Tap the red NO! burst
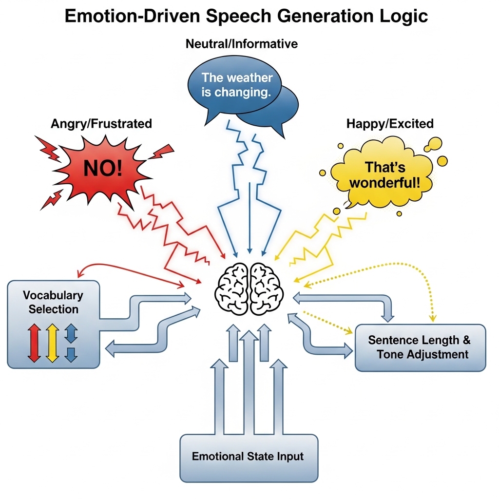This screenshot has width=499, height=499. tap(103, 168)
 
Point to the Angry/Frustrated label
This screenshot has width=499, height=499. tap(101, 124)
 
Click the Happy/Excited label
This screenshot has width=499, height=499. tap(390, 124)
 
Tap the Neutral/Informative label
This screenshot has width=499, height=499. tap(242, 44)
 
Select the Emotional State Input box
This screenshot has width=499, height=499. tap(249, 457)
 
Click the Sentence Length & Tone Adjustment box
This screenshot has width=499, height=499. tap(420, 347)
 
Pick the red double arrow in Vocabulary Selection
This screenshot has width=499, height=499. tap(33, 343)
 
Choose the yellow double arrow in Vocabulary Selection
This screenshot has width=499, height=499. tap(52, 343)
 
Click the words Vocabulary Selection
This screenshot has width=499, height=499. tap(53, 302)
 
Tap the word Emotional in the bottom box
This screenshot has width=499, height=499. tap(216, 457)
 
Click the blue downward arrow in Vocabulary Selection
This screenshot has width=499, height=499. tap(71, 354)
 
